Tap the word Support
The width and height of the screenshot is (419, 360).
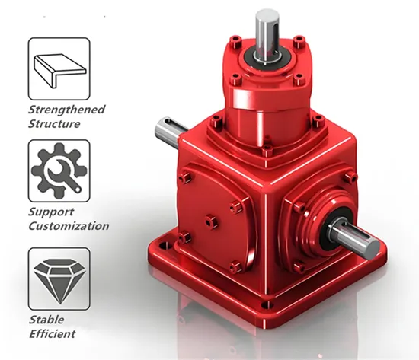point(52,212)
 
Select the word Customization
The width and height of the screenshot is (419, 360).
point(68,226)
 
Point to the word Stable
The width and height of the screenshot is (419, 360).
point(47,320)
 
